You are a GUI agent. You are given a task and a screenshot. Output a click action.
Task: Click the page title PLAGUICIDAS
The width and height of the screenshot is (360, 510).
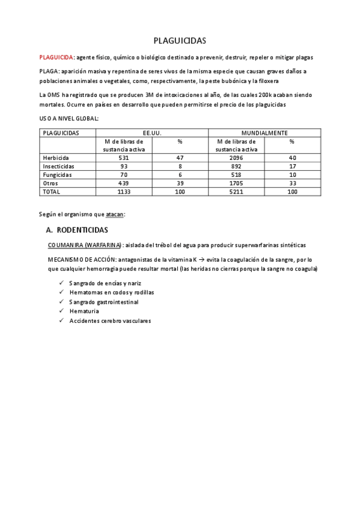click(x=180, y=41)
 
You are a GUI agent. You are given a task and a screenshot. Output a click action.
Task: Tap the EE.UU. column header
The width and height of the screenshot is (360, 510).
click(x=152, y=132)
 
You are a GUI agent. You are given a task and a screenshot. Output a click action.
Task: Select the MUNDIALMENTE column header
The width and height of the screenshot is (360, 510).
click(x=264, y=132)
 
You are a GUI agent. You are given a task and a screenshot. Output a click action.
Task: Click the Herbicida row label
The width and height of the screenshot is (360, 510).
click(x=56, y=158)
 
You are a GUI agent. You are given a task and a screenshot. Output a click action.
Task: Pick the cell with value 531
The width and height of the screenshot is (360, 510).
click(x=124, y=158)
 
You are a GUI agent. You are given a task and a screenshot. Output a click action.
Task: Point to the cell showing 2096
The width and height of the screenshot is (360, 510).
click(x=236, y=158)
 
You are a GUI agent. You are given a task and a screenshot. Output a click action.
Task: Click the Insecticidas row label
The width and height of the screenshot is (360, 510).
click(x=59, y=166)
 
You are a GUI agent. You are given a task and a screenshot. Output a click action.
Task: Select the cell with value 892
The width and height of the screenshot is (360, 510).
click(x=236, y=166)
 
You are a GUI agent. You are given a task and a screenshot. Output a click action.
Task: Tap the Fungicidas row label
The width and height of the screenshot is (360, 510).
click(x=58, y=174)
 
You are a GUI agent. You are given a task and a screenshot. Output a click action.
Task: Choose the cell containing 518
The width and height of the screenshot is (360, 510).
click(x=236, y=174)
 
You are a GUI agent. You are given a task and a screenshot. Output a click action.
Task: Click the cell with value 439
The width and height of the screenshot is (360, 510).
click(x=124, y=183)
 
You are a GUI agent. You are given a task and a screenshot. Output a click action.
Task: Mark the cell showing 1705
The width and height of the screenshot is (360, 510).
click(x=236, y=183)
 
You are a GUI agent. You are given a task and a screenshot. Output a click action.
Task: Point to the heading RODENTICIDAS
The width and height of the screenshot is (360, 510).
click(x=90, y=230)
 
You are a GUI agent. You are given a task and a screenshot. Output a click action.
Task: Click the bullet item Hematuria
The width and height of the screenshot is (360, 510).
click(x=84, y=311)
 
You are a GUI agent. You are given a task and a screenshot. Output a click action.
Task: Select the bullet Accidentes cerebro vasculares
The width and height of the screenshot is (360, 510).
click(x=110, y=321)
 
